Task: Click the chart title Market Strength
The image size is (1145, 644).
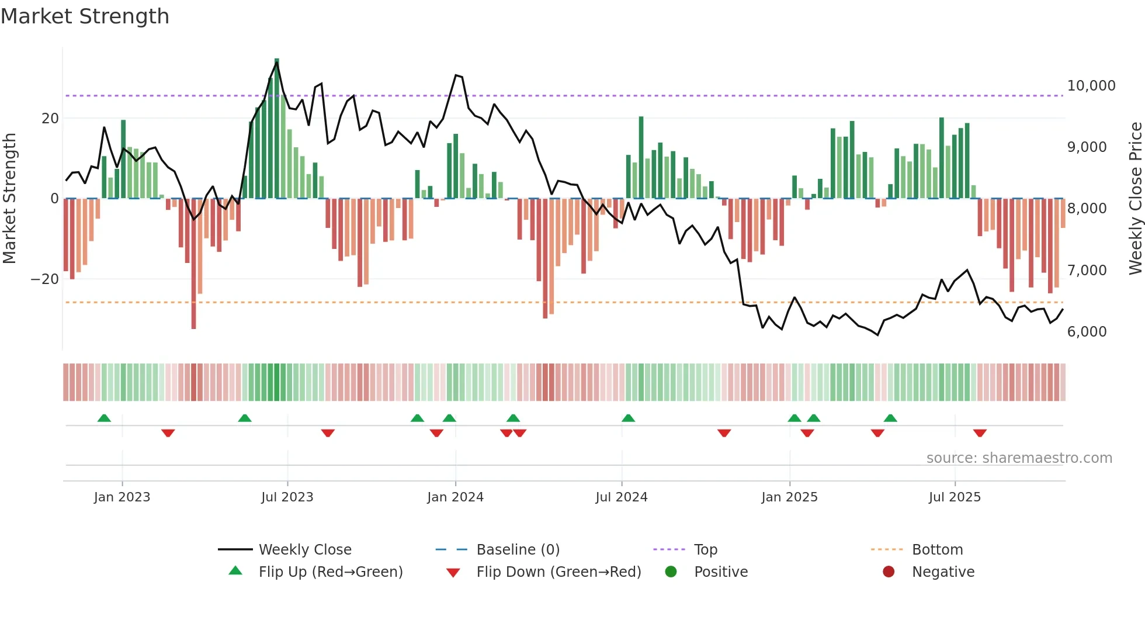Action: [85, 16]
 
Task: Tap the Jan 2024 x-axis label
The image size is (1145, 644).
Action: [455, 497]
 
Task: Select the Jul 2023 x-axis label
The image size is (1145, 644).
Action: [287, 497]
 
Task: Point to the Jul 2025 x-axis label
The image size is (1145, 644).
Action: [955, 497]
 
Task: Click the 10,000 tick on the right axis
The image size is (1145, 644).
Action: [1091, 86]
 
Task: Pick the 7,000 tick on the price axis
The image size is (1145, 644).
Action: [1087, 271]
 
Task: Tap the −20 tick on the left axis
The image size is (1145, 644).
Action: [45, 279]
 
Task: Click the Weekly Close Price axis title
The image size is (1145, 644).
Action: [1135, 198]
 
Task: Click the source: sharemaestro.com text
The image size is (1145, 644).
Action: [1019, 458]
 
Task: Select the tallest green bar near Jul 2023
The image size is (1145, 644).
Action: [277, 129]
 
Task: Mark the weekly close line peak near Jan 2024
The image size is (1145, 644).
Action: [456, 75]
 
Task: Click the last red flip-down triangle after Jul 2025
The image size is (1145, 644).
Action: [980, 433]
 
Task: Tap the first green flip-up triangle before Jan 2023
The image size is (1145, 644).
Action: [104, 418]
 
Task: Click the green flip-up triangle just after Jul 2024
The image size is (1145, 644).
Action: [628, 418]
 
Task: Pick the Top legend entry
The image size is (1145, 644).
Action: [705, 550]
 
